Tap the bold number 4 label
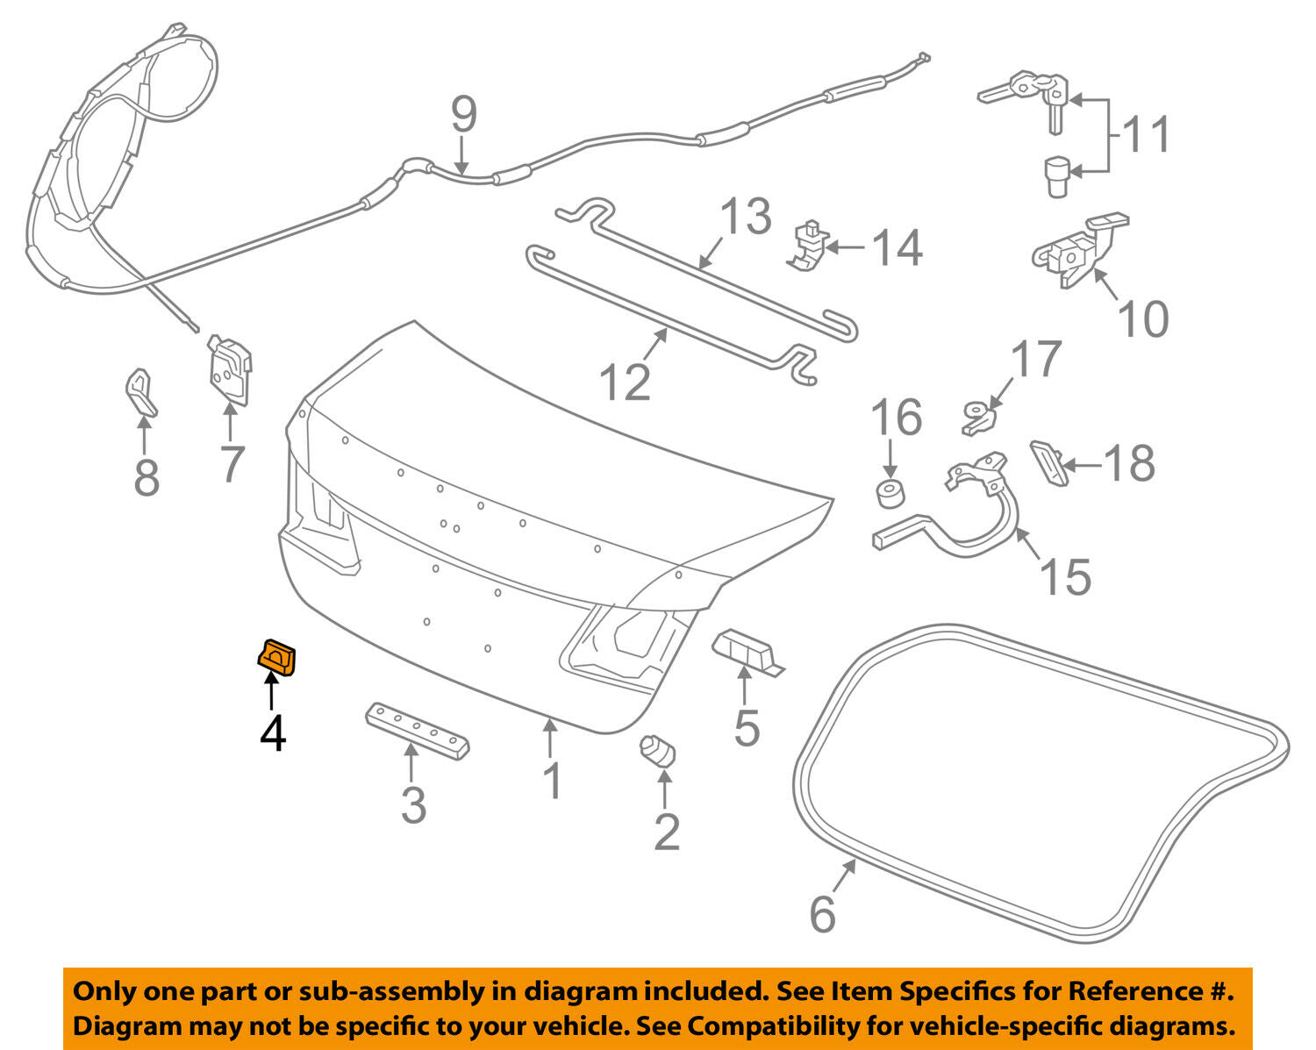tap(273, 733)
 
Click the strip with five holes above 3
tap(417, 730)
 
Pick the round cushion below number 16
tap(891, 493)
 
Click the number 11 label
tap(1147, 134)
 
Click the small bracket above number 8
tap(140, 392)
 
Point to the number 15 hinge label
tap(1066, 576)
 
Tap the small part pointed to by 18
tap(1048, 461)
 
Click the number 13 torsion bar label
tap(746, 217)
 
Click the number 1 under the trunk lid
tap(552, 781)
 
